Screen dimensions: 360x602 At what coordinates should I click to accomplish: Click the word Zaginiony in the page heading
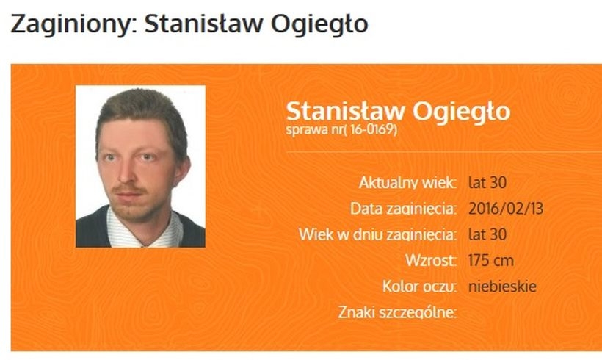pos(72,24)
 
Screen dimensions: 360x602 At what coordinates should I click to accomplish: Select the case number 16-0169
pos(372,131)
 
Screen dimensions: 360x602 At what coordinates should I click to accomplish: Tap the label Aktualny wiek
pos(407,182)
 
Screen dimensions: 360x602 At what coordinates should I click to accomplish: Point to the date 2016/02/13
pos(505,209)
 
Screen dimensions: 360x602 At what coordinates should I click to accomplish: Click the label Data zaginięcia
pos(404,209)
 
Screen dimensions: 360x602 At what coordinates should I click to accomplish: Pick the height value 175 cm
pos(491,260)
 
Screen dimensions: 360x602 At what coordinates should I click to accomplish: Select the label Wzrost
pos(431,260)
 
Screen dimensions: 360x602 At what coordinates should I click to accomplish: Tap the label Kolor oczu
pos(420,286)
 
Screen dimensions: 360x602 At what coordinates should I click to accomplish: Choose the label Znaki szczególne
pos(397,312)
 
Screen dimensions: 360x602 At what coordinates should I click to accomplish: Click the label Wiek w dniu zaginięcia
pos(378,234)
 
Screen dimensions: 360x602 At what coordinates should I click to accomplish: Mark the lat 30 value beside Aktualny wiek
pos(488,182)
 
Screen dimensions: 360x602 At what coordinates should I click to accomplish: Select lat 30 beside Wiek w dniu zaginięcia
pos(488,234)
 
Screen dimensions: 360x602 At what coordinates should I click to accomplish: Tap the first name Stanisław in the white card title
pos(345,112)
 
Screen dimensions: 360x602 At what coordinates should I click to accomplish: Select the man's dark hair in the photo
pos(139,107)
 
